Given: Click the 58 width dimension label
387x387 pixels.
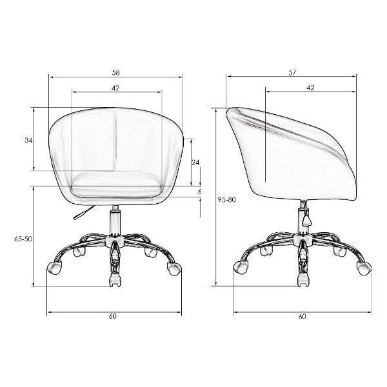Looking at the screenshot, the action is pos(115,73).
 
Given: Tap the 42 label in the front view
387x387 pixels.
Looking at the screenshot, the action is pos(115,88).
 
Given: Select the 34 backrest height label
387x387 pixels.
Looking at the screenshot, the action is pos(28,141).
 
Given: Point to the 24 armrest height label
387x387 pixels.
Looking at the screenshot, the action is pos(195,163).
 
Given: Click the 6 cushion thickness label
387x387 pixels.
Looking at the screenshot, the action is pos(200,192).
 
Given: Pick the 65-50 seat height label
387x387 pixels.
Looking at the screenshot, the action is pos(23,239).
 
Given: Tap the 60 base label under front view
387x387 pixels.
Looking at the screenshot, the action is pos(112,316).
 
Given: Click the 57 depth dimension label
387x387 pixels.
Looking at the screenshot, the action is pos(292,73).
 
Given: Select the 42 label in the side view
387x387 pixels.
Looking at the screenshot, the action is pos(311,88).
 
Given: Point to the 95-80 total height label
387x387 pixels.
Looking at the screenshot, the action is pos(226,199).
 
